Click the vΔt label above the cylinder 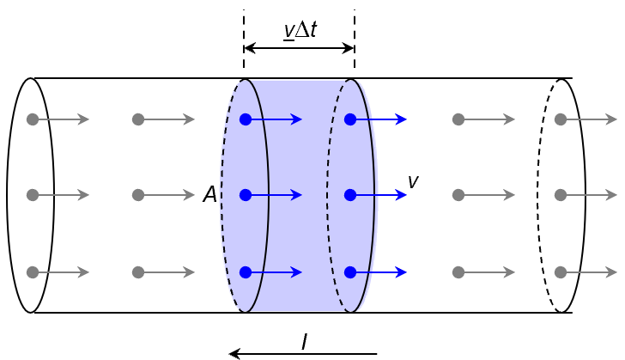point(300,30)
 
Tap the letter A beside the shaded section point(209,195)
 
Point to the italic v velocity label point(413,181)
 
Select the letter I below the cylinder point(304,342)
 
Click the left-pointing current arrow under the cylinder point(303,354)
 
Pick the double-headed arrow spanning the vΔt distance point(299,48)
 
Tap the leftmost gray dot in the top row point(33,119)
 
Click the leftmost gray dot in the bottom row point(33,272)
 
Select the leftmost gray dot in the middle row point(33,195)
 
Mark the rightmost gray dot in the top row point(561,119)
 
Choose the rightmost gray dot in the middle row point(561,195)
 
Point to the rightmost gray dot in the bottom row point(561,272)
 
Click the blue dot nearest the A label point(246,195)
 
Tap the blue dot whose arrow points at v point(350,195)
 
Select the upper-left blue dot point(246,119)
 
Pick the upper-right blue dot point(350,119)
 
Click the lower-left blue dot point(246,272)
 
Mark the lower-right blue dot point(350,272)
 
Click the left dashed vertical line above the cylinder point(244,34)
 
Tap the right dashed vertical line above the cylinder point(355,34)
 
